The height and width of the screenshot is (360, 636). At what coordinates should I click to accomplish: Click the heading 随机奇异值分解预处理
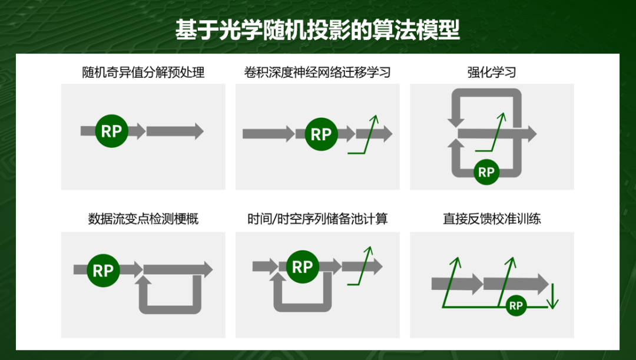143,72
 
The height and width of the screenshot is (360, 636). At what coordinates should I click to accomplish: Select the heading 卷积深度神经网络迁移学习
317,72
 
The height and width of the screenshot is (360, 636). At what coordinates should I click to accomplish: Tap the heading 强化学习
492,72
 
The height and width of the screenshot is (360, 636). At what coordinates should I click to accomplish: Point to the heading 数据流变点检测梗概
143,219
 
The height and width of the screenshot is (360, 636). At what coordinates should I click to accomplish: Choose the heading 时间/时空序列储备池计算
317,219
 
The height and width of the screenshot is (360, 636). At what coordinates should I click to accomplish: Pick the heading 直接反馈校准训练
492,219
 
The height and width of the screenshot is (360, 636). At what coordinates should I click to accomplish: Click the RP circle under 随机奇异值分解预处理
111,131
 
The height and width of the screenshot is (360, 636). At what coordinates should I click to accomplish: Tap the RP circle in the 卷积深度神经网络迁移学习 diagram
322,134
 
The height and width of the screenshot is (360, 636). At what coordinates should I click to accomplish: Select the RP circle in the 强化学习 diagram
486,172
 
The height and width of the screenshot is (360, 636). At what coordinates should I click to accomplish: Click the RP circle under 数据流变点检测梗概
103,270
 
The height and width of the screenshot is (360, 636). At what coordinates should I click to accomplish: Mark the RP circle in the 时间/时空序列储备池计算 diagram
303,267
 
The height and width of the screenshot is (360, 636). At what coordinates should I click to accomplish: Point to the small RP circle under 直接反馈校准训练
516,306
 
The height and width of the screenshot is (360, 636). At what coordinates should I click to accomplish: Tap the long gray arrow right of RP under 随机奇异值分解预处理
175,131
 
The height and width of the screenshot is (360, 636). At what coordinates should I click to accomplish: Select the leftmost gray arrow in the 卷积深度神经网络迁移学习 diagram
269,134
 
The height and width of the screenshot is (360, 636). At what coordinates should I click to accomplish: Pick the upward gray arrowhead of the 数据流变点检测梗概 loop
145,280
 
